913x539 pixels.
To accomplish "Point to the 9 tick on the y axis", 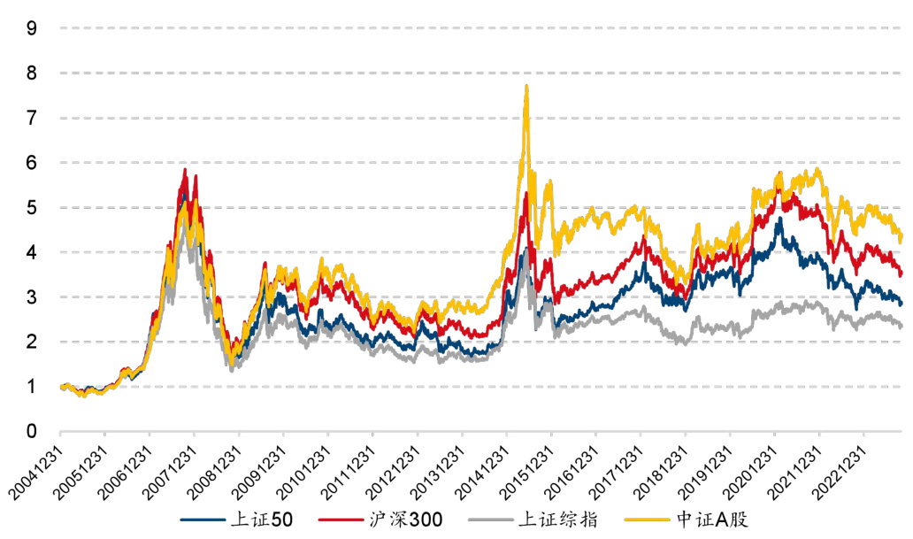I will tap(32, 27).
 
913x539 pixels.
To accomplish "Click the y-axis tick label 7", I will tap(32, 117).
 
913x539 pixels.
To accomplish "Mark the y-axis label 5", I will tap(32, 207).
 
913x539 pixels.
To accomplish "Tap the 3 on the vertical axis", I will tap(32, 296).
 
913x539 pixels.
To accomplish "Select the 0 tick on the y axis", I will tap(32, 431).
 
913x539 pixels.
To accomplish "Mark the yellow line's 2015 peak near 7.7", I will tap(526, 86).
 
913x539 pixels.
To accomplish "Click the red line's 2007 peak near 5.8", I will tap(185, 169).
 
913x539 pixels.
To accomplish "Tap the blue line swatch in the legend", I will tap(199, 520).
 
